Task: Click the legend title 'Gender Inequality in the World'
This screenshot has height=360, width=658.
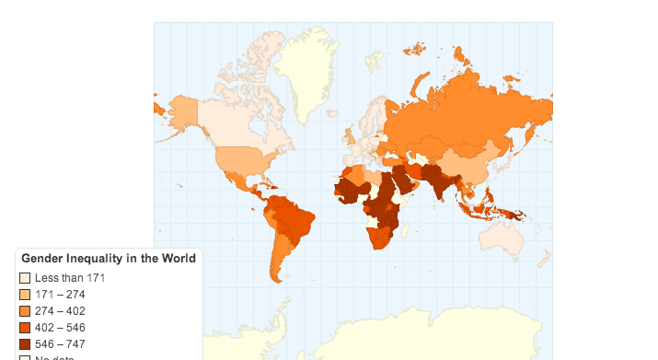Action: (x=108, y=259)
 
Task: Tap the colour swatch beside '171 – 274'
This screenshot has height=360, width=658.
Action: (x=25, y=295)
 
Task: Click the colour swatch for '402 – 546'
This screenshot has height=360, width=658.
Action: (x=25, y=328)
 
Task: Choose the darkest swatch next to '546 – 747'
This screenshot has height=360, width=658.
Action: (x=25, y=344)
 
